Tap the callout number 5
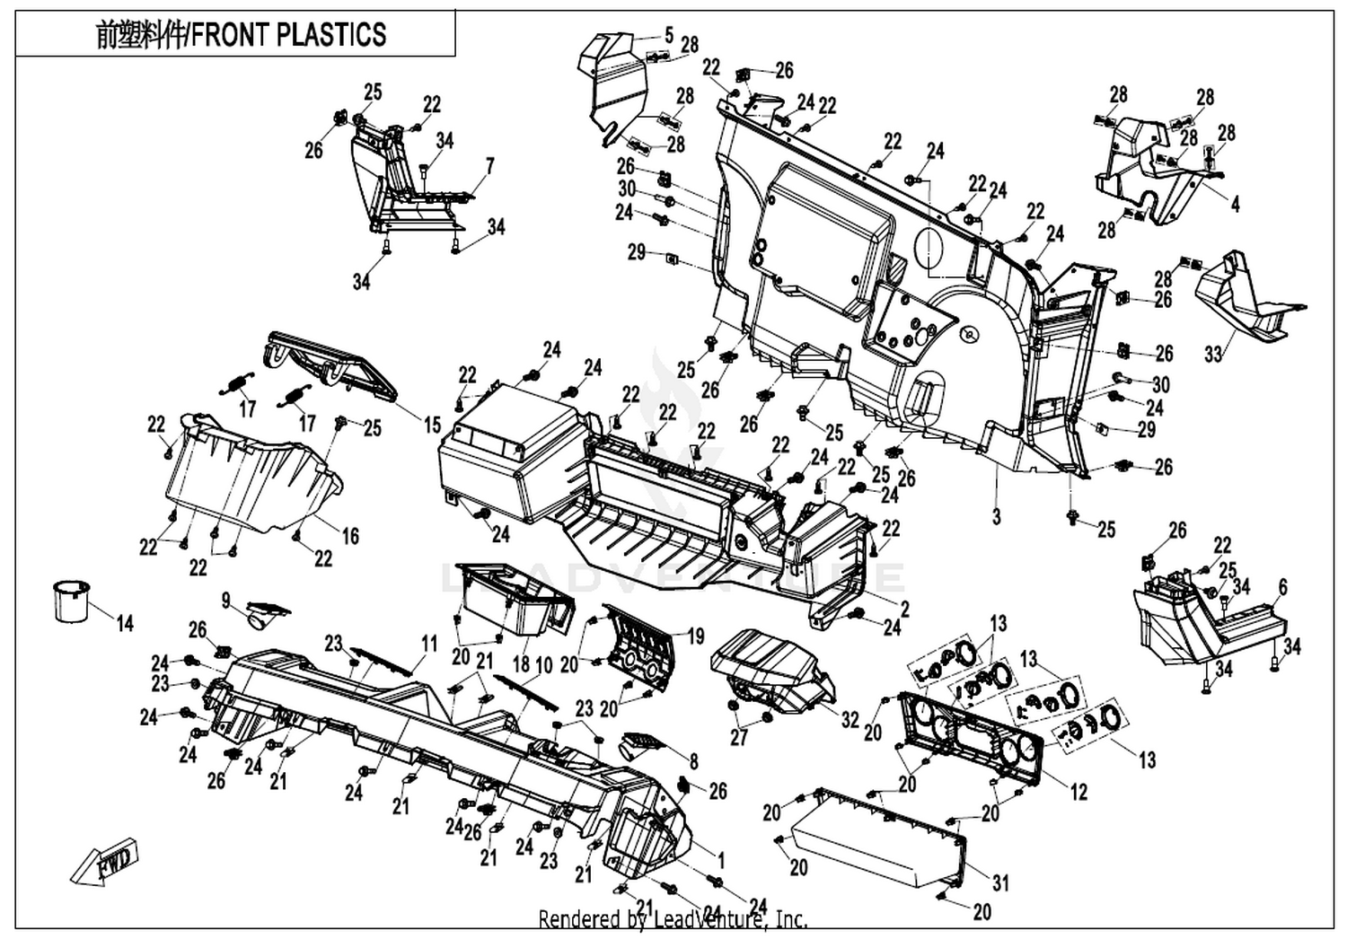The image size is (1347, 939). point(669,36)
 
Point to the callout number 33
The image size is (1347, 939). point(1213,354)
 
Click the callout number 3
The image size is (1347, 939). point(997,516)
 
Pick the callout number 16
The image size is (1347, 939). point(350,536)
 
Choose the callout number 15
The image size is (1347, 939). point(432,425)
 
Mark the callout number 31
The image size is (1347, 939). point(1000,883)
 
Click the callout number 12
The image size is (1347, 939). point(1079,793)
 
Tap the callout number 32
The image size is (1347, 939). point(850,720)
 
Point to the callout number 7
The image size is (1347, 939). point(490,166)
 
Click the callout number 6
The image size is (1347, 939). point(1282,587)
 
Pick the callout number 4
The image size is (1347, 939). point(1235,204)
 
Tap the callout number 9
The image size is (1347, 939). point(226,601)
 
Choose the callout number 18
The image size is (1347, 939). point(522,664)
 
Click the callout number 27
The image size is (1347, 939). point(739,738)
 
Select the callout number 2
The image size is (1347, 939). point(905,609)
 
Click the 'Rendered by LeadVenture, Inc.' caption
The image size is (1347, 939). point(673,919)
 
